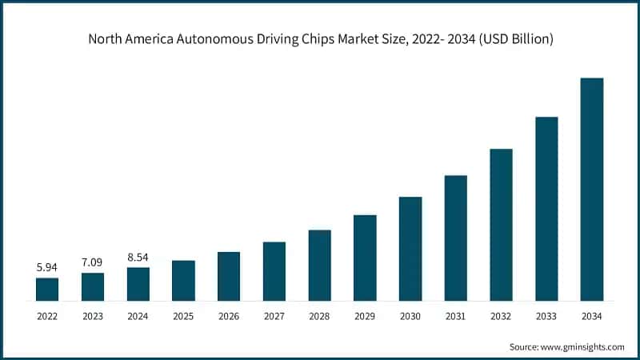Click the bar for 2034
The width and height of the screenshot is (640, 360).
591,190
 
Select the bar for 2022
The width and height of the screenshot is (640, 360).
47,289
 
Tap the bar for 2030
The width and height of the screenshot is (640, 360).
410,249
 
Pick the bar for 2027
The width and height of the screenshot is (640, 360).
274,271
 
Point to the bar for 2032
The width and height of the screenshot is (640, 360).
501,225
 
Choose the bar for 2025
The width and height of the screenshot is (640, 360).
183,280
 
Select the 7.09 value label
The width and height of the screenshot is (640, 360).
93,262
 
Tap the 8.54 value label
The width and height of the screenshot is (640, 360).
138,258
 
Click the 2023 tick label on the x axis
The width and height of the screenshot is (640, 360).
93,317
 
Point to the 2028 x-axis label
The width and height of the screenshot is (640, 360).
319,317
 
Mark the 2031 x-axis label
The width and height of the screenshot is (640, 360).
455,317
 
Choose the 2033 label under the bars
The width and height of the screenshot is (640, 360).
546,317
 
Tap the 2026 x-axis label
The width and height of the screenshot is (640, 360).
229,317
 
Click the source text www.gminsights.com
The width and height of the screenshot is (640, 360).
582,346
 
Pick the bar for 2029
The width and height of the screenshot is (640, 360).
365,258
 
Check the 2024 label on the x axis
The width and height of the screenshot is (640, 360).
138,317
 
